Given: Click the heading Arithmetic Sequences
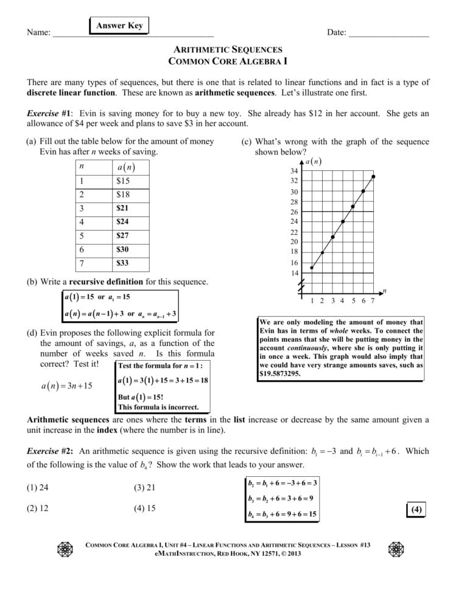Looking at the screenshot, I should click(228, 49).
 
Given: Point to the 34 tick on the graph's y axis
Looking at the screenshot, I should click(295, 171).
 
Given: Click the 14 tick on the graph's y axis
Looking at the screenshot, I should click(295, 274).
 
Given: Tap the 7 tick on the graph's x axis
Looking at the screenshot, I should click(373, 300).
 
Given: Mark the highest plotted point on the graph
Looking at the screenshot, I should click(373, 176).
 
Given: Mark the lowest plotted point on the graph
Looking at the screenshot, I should click(312, 268).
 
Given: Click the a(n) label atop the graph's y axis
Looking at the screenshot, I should click(313, 162).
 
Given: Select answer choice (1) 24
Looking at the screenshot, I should click(37, 487).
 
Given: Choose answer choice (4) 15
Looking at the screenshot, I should click(144, 508).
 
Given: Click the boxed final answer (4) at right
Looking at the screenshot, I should click(416, 510).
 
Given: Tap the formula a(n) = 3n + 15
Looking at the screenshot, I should click(67, 385).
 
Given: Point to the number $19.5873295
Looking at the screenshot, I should click(280, 375).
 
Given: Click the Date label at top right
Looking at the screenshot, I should click(336, 32).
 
